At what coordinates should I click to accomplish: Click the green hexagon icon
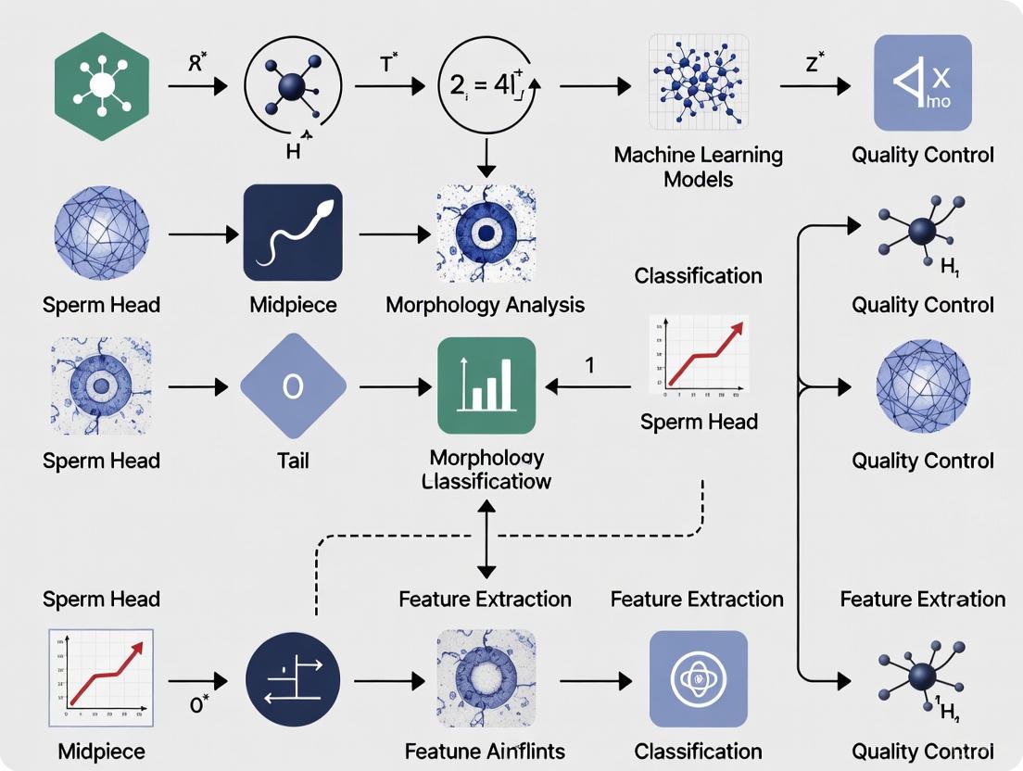102,85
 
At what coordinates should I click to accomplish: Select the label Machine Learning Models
698,166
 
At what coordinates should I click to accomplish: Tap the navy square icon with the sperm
293,233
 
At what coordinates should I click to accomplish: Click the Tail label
293,461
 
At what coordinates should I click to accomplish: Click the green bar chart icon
486,385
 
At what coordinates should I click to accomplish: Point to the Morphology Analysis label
485,305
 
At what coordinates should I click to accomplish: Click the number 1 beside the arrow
589,365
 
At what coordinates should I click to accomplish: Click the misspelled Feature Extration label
922,600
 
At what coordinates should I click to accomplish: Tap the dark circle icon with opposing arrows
293,680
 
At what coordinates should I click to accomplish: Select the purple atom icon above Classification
699,678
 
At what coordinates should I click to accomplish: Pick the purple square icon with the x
922,83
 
